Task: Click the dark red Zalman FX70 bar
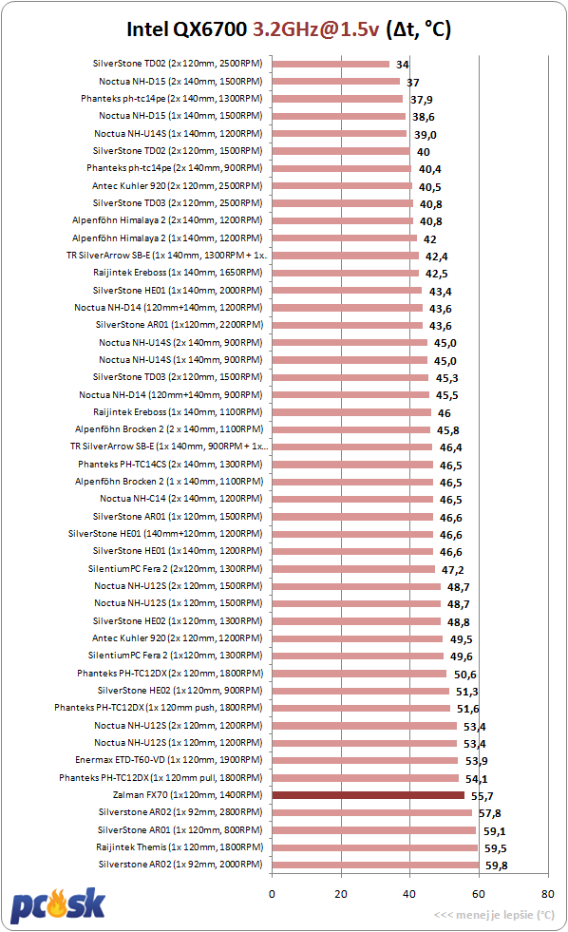pyautogui.click(x=369, y=795)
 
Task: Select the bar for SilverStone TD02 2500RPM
pyautogui.click(x=331, y=65)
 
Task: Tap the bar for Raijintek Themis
pyautogui.click(x=375, y=847)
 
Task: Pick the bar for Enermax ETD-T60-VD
pyautogui.click(x=365, y=760)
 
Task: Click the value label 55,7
pyautogui.click(x=482, y=796)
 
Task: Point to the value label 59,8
pyautogui.click(x=496, y=865)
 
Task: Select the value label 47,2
pyautogui.click(x=452, y=570)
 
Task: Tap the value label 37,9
pyautogui.click(x=421, y=100)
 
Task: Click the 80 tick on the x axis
pyautogui.click(x=547, y=894)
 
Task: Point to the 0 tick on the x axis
pyautogui.click(x=272, y=894)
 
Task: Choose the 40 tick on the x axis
pyautogui.click(x=409, y=894)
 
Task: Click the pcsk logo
pyautogui.click(x=58, y=905)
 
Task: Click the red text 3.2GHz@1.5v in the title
pyautogui.click(x=315, y=29)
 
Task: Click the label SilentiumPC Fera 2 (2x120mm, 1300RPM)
pyautogui.click(x=176, y=569)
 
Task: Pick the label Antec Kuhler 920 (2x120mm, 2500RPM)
pyautogui.click(x=177, y=186)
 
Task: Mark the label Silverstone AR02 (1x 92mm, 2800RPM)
pyautogui.click(x=180, y=812)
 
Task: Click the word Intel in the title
pyautogui.click(x=147, y=29)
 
